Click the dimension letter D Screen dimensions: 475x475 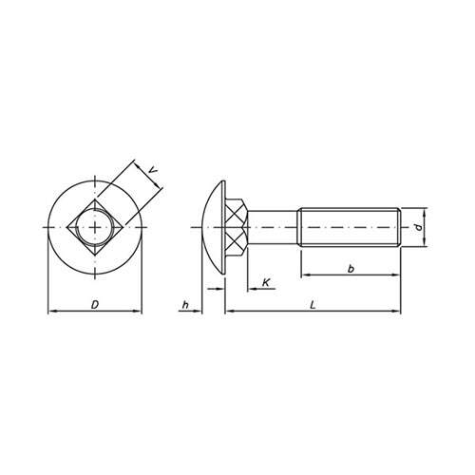point(95,305)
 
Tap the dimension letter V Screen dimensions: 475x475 point(153,170)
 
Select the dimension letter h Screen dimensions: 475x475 point(185,305)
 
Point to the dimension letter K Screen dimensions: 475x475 point(266,282)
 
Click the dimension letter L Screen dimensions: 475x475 point(313,305)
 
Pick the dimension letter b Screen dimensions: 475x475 point(351,269)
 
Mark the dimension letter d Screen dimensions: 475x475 point(419,227)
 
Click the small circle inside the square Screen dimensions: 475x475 point(95,227)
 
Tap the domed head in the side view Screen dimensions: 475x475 point(215,227)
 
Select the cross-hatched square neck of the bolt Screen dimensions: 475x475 point(237,227)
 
